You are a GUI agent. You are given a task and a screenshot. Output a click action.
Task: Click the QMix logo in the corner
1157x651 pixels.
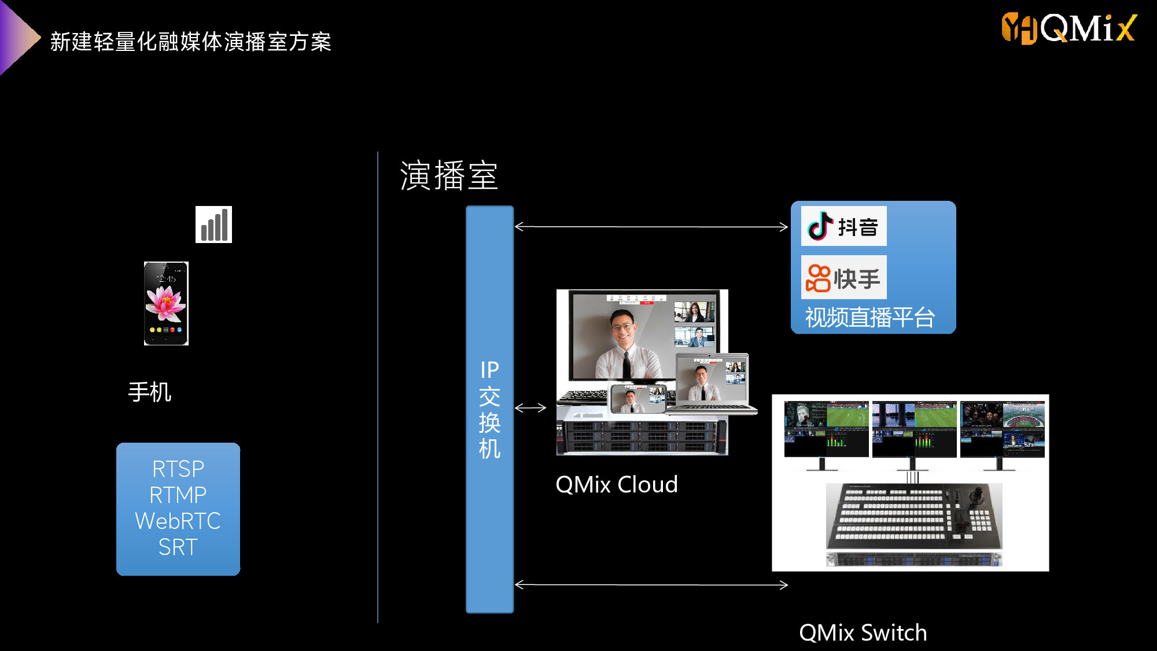[x=1069, y=28]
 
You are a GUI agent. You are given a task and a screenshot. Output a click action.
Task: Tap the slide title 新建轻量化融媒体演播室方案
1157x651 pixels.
[x=191, y=42]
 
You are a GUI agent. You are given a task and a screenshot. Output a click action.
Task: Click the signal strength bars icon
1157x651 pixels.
[x=213, y=225]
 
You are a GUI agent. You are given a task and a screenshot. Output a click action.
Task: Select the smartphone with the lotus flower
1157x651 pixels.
[x=166, y=303]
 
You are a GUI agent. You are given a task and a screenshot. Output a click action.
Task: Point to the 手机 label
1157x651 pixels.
[x=150, y=392]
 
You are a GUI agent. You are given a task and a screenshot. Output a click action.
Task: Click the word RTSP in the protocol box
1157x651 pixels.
[x=178, y=469]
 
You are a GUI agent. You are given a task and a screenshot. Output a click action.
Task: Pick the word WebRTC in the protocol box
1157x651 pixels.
[x=178, y=521]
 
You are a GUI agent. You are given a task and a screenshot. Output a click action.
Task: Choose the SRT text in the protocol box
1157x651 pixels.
[x=178, y=547]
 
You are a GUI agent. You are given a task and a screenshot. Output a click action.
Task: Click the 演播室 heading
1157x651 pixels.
[x=449, y=175]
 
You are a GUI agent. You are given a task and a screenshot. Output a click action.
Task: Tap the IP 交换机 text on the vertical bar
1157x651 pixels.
[x=489, y=409]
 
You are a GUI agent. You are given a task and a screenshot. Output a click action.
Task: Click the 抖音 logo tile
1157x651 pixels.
[x=843, y=226]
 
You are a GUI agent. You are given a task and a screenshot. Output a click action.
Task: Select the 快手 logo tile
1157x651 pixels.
[x=843, y=277]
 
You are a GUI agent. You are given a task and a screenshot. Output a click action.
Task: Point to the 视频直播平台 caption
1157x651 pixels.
[x=870, y=317]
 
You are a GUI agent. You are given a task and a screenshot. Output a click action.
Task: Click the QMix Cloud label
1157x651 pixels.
[x=617, y=484]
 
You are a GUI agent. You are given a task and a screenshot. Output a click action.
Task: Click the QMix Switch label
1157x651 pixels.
[x=863, y=632]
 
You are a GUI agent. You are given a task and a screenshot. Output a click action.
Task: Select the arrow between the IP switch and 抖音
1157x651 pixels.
[x=651, y=227]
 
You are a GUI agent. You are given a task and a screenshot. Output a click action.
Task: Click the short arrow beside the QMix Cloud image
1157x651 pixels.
[x=530, y=408]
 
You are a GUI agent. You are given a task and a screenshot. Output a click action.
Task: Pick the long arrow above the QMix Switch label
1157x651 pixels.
[x=651, y=585]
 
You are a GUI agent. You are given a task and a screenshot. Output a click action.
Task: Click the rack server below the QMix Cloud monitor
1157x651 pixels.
[x=642, y=435]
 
